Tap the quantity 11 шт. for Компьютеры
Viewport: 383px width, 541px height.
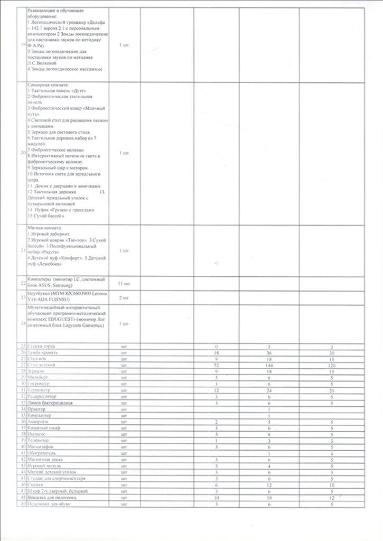click(124, 284)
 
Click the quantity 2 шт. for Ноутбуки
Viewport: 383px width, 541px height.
click(124, 297)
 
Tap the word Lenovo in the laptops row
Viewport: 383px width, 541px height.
click(100, 293)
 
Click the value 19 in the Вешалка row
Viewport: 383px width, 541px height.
click(269, 497)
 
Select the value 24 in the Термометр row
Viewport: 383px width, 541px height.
click(269, 390)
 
